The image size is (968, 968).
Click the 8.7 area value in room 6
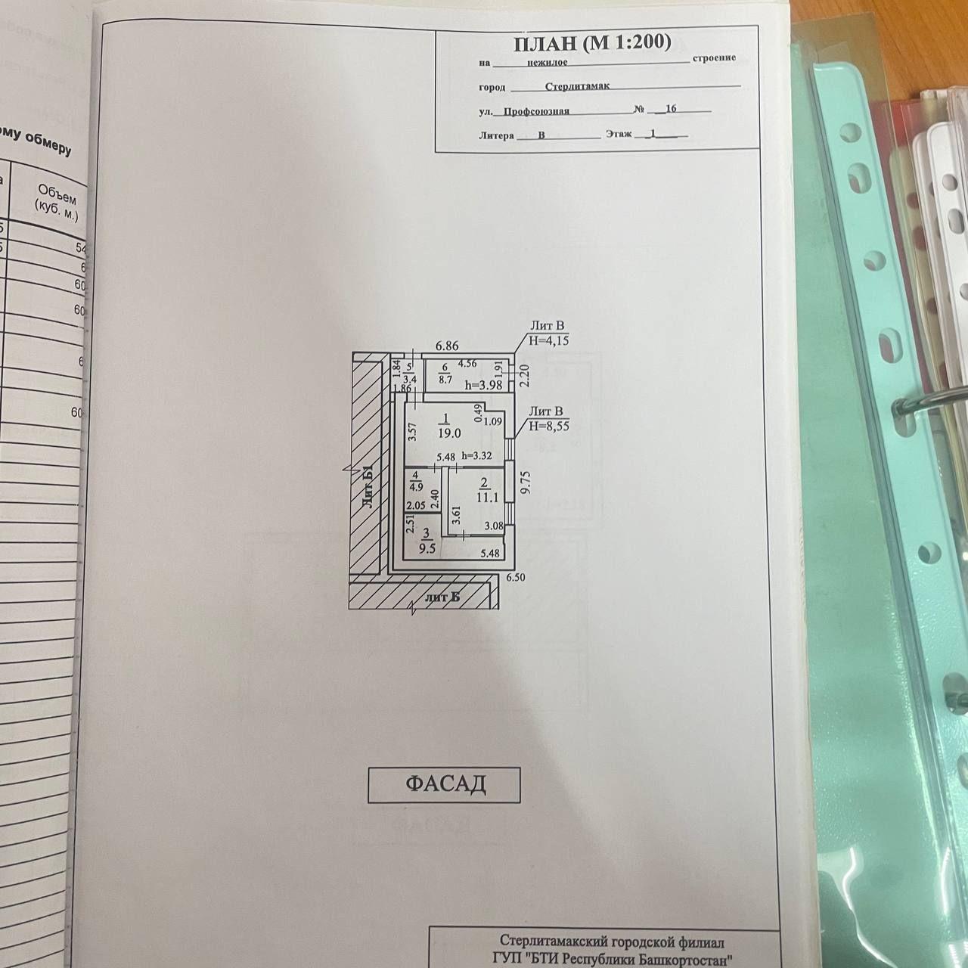click(x=445, y=380)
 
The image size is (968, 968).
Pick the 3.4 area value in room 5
click(x=410, y=380)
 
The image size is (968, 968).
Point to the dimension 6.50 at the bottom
click(x=515, y=577)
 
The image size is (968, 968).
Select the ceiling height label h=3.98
click(x=485, y=385)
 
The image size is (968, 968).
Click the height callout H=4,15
click(x=548, y=341)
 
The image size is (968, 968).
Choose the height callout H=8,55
click(x=549, y=426)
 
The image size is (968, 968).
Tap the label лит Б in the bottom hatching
click(x=442, y=598)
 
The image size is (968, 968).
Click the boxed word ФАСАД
click(x=445, y=784)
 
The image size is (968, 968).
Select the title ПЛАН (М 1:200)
click(x=592, y=43)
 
